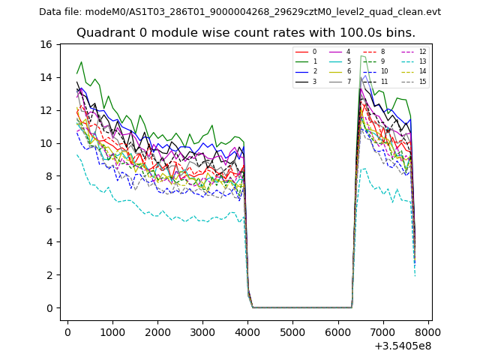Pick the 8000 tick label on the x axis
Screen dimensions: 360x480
427,332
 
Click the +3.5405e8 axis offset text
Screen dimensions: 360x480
403,346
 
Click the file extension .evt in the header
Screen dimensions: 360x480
432,12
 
